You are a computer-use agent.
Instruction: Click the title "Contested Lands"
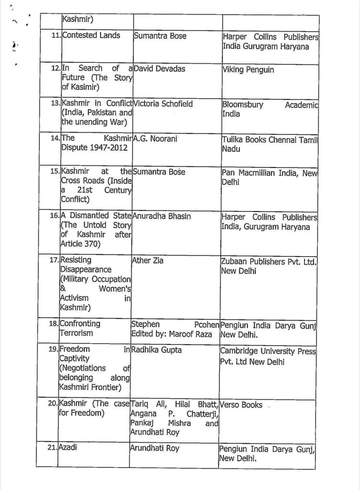pyautogui.click(x=91, y=35)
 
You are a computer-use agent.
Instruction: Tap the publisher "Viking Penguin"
pyautogui.click(x=248, y=70)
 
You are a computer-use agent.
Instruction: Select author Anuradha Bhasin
pyautogui.click(x=163, y=216)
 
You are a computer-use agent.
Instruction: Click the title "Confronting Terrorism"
pyautogui.click(x=80, y=328)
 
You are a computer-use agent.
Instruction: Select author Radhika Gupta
pyautogui.click(x=156, y=350)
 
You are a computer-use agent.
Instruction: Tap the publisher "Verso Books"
pyautogui.click(x=242, y=405)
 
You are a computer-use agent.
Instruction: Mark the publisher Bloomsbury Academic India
pyautogui.click(x=269, y=109)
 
